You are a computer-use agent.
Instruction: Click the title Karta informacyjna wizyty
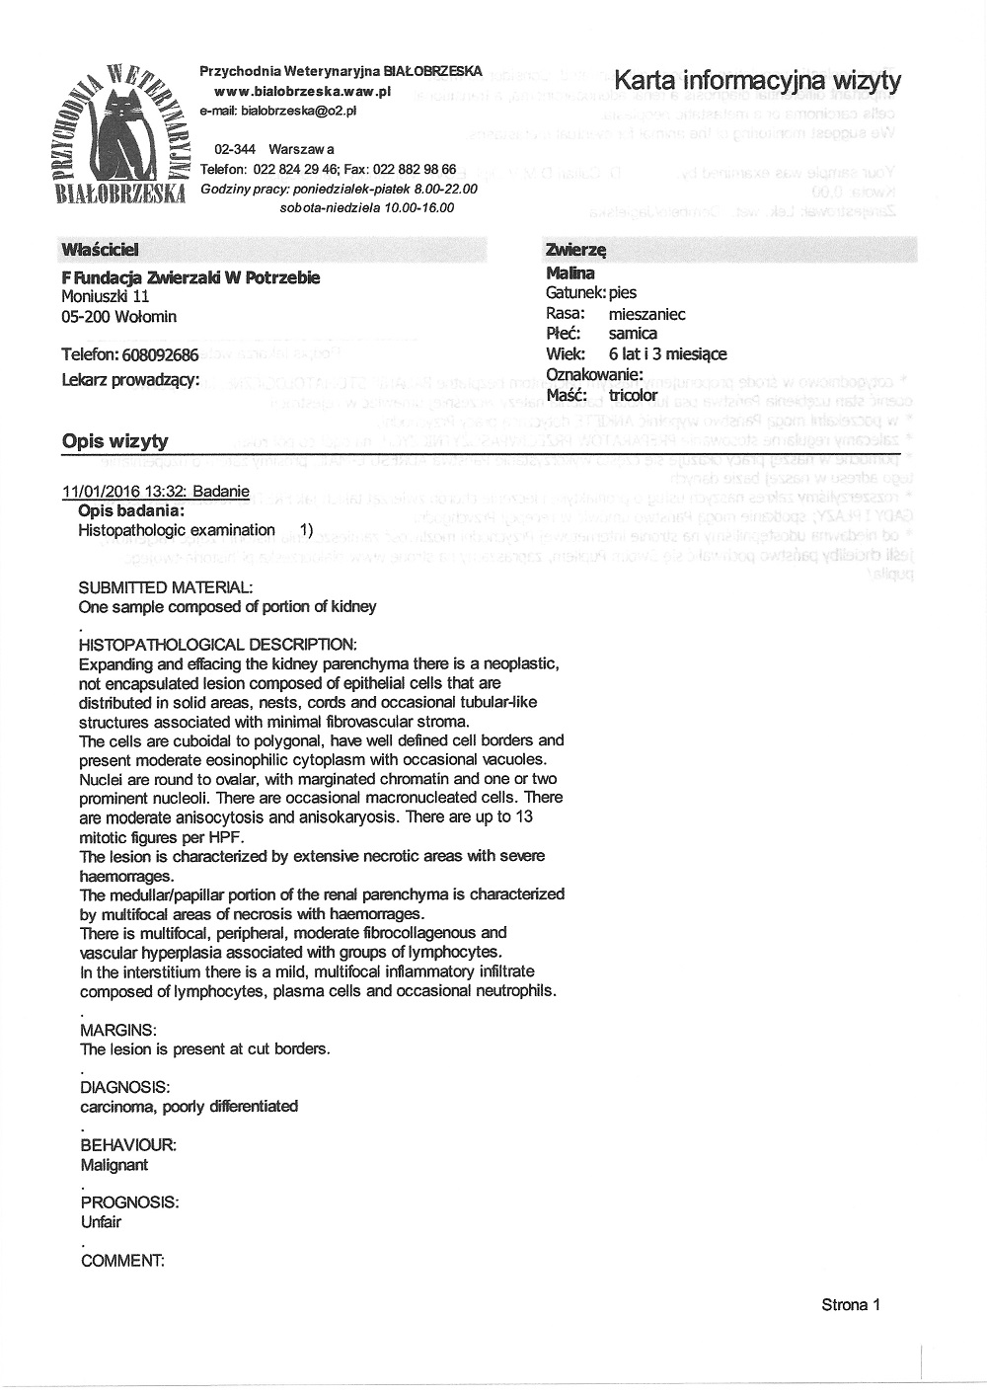[x=757, y=80]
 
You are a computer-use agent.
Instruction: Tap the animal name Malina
[x=569, y=273]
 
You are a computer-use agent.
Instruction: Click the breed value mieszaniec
[x=646, y=314]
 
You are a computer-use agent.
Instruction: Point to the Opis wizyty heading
[x=114, y=441]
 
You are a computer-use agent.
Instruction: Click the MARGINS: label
[x=117, y=1030]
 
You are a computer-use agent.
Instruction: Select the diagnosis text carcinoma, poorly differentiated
[x=189, y=1106]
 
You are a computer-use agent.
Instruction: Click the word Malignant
[x=114, y=1164]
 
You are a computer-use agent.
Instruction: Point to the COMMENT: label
[x=121, y=1260]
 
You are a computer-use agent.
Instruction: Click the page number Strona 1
[x=850, y=1304]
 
